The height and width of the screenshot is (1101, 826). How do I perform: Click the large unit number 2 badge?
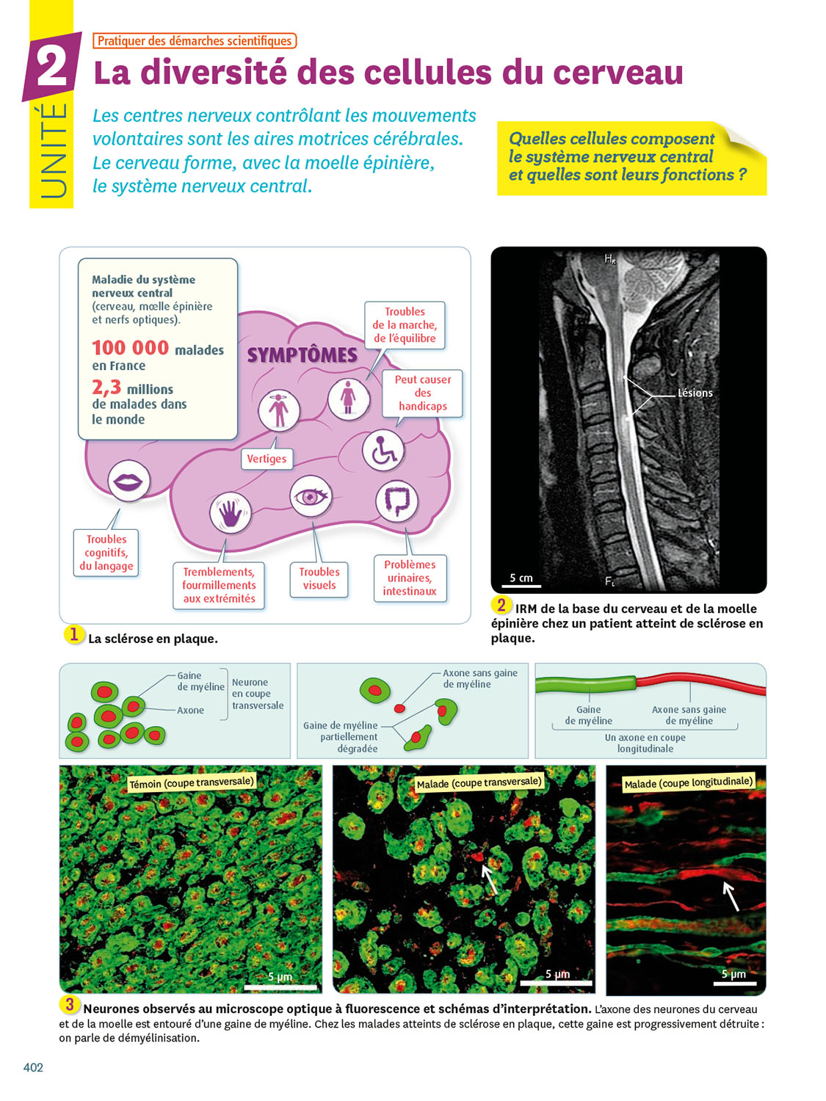(51, 68)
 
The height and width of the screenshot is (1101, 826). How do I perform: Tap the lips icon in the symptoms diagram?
(128, 482)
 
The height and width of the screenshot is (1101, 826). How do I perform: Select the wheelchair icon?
(383, 451)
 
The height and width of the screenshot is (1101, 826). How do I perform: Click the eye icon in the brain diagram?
(310, 497)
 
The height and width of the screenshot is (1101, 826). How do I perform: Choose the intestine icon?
(396, 501)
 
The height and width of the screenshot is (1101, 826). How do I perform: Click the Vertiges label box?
(267, 459)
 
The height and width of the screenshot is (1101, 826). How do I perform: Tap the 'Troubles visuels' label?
(319, 578)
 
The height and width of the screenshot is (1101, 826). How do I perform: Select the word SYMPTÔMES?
(302, 355)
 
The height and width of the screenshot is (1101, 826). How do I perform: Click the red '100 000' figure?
(130, 347)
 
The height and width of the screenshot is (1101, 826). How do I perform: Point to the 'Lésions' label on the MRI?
(695, 393)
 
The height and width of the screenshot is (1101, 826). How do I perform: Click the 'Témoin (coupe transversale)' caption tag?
(191, 782)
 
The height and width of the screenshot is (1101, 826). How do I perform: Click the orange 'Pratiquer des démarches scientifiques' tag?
(195, 41)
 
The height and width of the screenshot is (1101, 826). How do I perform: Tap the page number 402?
(33, 1067)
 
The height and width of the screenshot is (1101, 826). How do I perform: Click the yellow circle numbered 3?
(70, 1004)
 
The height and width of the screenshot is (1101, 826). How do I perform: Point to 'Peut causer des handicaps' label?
(423, 393)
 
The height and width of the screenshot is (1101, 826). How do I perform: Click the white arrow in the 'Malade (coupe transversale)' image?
(489, 879)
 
